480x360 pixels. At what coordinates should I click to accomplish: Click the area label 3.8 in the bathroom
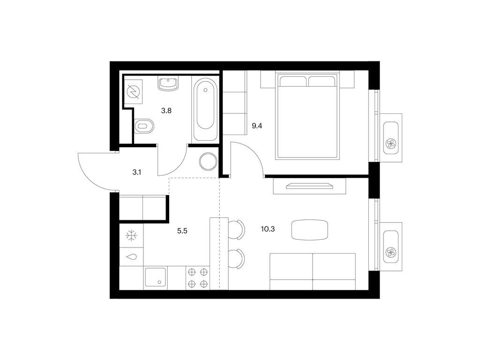pyautogui.click(x=166, y=111)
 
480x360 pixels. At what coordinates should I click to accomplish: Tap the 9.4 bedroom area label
pyautogui.click(x=256, y=126)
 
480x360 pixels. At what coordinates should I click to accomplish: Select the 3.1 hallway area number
pyautogui.click(x=136, y=172)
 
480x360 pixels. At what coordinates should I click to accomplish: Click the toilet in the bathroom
pyautogui.click(x=144, y=126)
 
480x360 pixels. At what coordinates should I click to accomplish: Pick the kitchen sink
pyautogui.click(x=156, y=278)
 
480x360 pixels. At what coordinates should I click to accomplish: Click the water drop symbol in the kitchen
pyautogui.click(x=132, y=256)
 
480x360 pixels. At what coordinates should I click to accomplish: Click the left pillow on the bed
pyautogui.click(x=293, y=82)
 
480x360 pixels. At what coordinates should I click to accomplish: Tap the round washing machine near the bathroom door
pyautogui.click(x=208, y=162)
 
